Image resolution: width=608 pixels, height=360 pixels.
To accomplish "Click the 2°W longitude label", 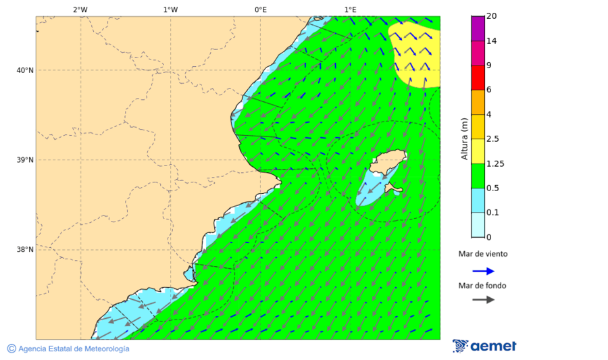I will coord(80,9).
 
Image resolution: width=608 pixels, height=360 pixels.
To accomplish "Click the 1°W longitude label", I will coord(170,9).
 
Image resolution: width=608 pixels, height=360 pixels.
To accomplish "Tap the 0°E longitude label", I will coord(260,9).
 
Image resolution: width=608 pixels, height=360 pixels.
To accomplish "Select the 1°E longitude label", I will coord(350,9).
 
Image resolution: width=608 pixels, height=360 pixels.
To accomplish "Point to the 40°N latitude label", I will coord(24,70).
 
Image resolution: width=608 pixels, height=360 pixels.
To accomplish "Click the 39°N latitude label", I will coord(24,160).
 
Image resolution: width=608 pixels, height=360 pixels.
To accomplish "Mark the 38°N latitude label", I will coord(24,250).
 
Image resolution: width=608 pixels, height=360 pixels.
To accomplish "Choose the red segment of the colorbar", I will coord(478,77).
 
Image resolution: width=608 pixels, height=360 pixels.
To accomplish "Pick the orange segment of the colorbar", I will coord(478,102).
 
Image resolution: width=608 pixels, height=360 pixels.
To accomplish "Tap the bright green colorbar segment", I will coord(478,176).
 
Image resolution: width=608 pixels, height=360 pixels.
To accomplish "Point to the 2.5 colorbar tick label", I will coord(492,139).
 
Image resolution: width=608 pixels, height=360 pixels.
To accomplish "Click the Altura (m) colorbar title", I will coord(464,138).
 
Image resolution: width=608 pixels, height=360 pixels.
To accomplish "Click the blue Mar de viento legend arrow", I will coord(483,271).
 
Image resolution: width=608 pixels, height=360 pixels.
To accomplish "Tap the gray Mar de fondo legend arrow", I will coord(483,300).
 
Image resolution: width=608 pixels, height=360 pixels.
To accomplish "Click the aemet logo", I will coord(484,346).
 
